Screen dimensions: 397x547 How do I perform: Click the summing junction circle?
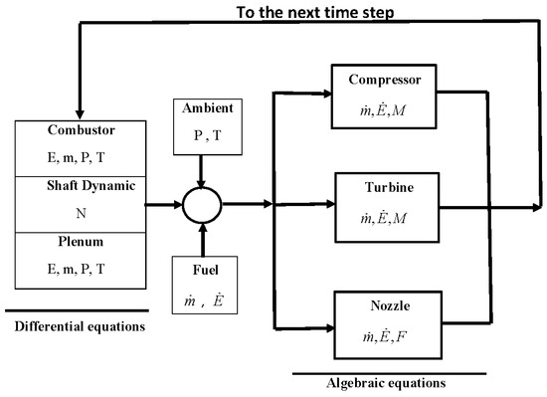point(203,206)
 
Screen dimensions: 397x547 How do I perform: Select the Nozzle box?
point(382,318)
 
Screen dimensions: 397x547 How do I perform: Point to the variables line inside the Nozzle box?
point(382,329)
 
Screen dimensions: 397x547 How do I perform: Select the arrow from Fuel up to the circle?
point(202,242)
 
